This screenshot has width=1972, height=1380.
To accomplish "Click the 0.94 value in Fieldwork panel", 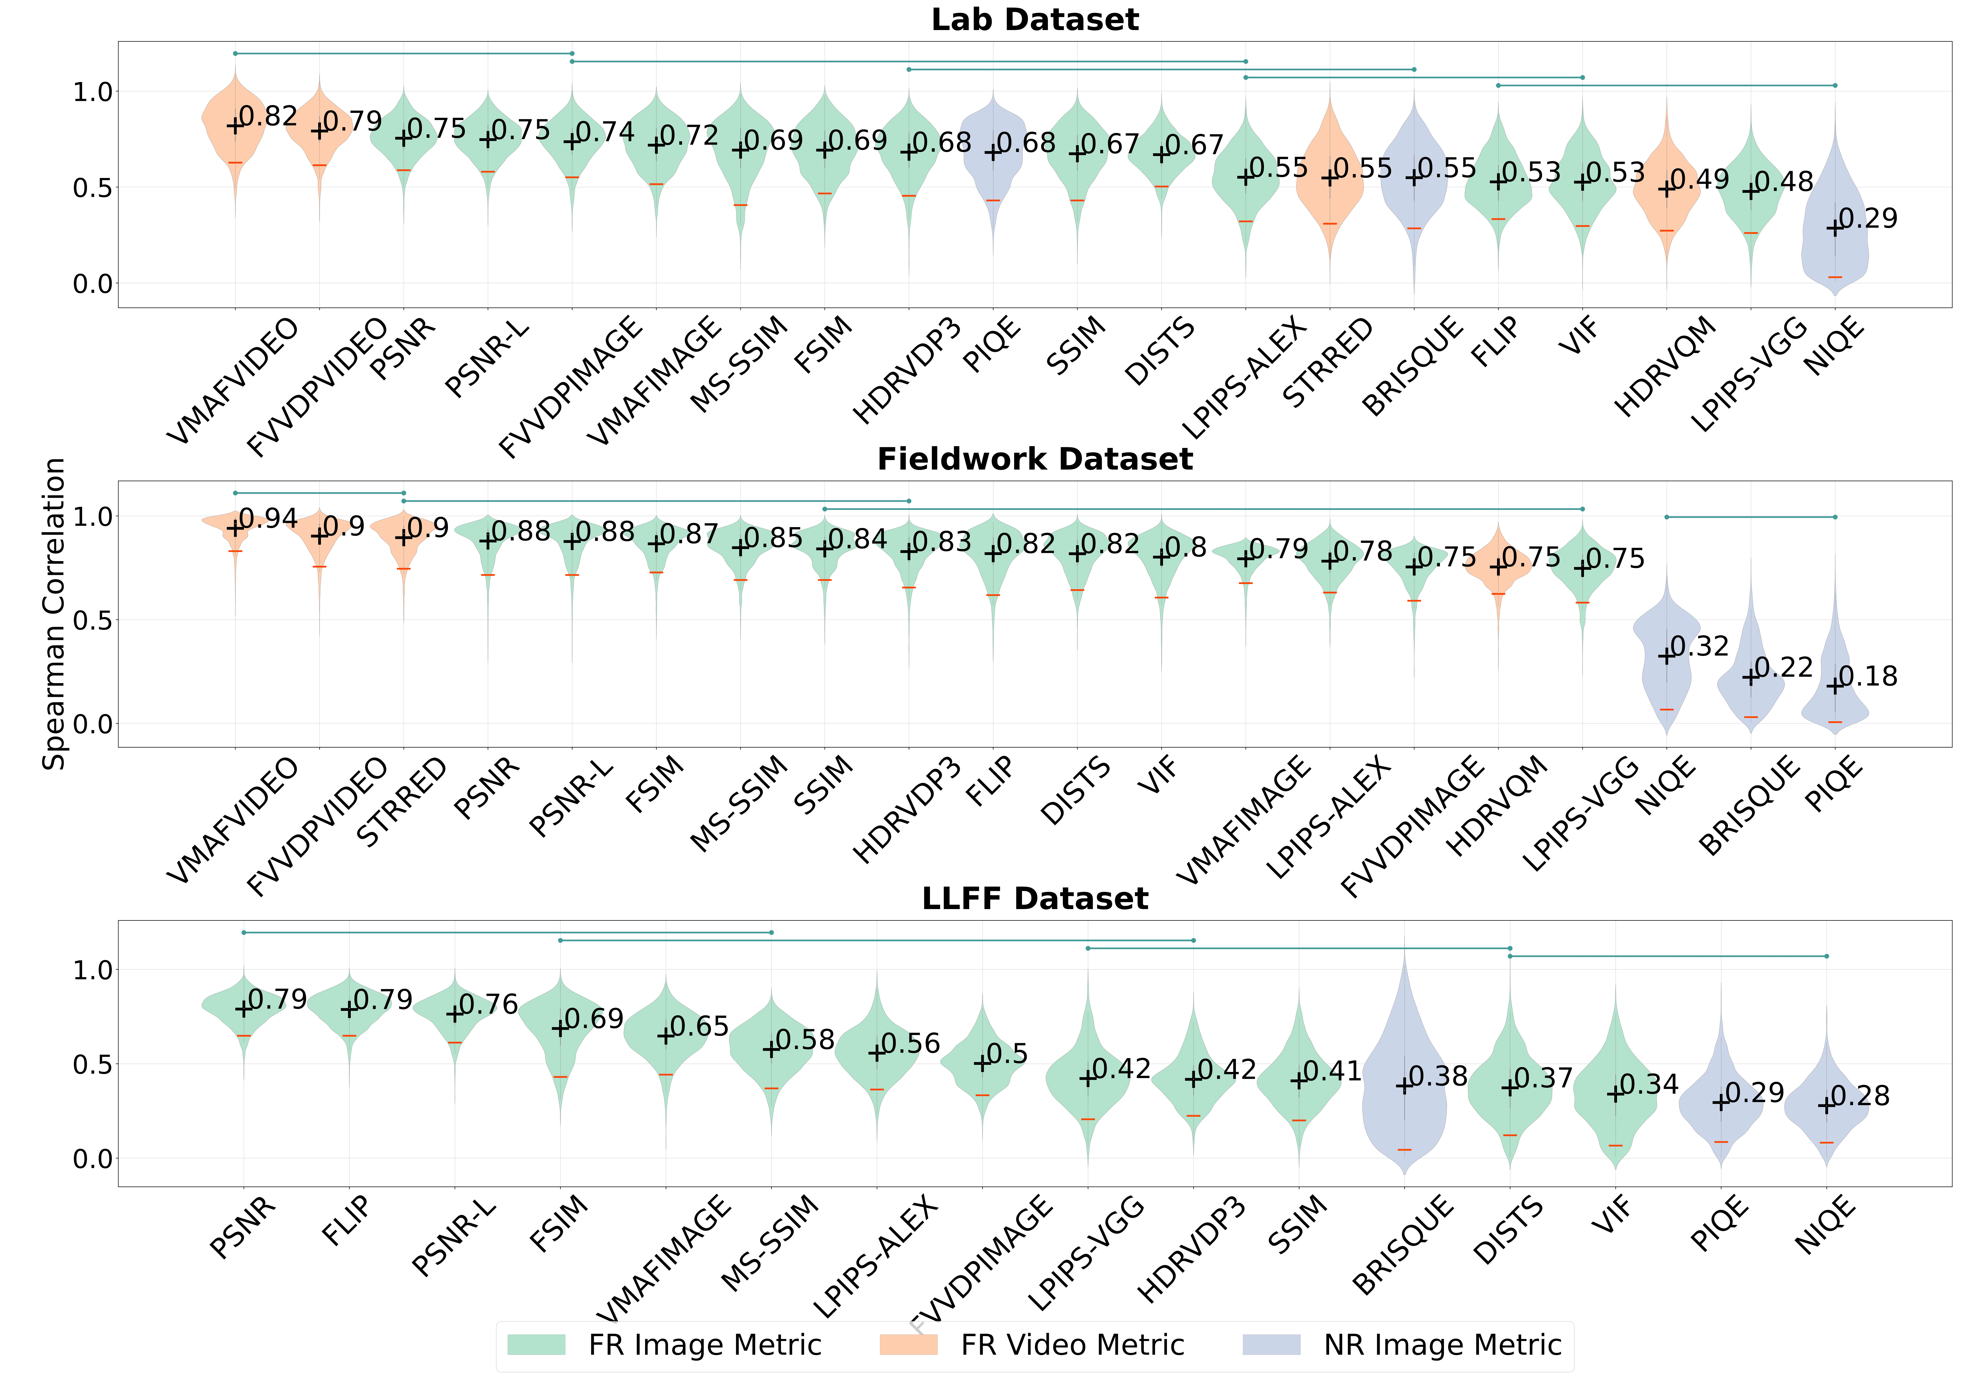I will (x=268, y=519).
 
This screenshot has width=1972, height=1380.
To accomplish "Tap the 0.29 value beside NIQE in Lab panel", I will (x=1868, y=219).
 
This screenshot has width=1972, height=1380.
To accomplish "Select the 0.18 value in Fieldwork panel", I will (x=1868, y=677).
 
